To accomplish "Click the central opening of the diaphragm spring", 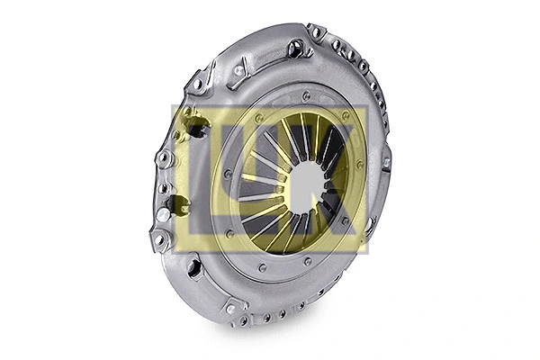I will pos(306,184).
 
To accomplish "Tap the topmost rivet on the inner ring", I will pos(307,94).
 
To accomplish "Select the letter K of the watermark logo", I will pos(337,176).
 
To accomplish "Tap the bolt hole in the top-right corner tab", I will pos(316,33).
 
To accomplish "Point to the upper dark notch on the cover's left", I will pos(195,130).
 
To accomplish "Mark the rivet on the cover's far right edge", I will pos(386,163).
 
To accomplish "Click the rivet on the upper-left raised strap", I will pos(238,70).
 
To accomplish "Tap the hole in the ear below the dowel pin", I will pos(160,239).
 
